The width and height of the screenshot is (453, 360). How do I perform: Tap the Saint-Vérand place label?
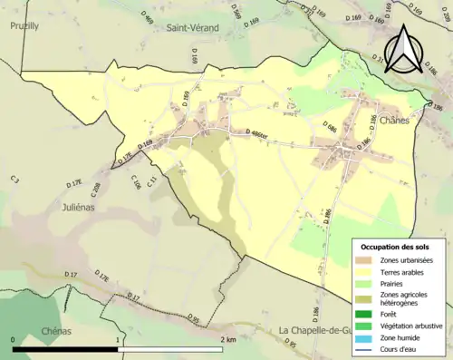pyautogui.click(x=191, y=28)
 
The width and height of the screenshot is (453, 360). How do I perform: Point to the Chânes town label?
pyautogui.click(x=395, y=120)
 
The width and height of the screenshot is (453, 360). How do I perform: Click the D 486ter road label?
pyautogui.click(x=262, y=135)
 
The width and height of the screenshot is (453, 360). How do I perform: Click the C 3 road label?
pyautogui.click(x=15, y=180)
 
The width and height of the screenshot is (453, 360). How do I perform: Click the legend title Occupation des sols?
pyautogui.click(x=397, y=248)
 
